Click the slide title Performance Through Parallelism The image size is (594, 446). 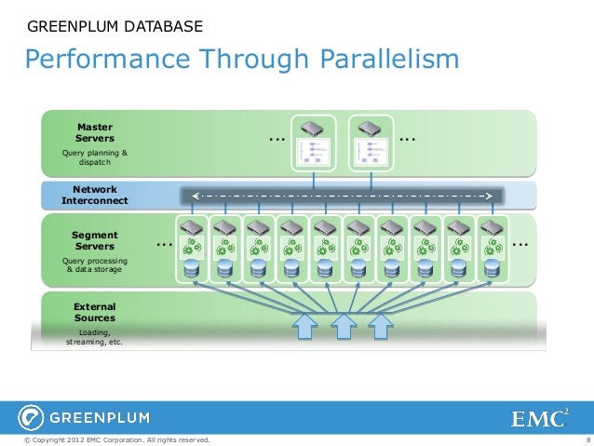(242, 60)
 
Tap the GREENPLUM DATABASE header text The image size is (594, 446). (115, 25)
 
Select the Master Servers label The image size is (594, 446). (94, 132)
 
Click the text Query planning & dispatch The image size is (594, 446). (94, 157)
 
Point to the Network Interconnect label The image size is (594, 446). (94, 195)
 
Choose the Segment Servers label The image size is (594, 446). (94, 240)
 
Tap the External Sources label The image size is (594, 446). (94, 312)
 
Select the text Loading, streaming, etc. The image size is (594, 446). (94, 337)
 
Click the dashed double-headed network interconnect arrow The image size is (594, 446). (342, 196)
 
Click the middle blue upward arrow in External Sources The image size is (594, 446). (344, 325)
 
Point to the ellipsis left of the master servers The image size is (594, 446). (277, 139)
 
